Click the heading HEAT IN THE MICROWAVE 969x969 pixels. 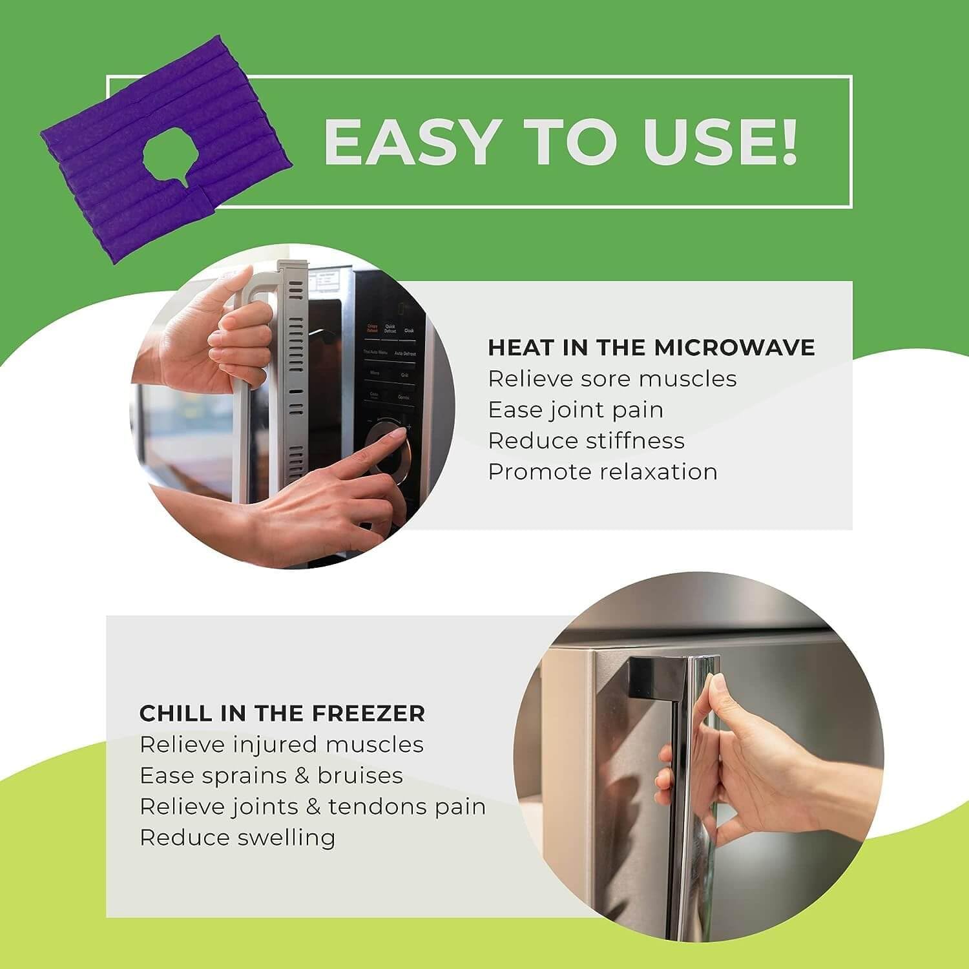click(651, 348)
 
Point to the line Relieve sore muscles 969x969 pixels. click(612, 379)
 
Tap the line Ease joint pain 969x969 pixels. click(576, 410)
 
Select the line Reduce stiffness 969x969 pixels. click(586, 441)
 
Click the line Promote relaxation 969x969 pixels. click(602, 472)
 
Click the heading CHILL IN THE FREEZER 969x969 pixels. click(282, 713)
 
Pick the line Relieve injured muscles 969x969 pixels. click(282, 744)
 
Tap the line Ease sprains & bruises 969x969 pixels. click(271, 775)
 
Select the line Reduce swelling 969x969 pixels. click(238, 837)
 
